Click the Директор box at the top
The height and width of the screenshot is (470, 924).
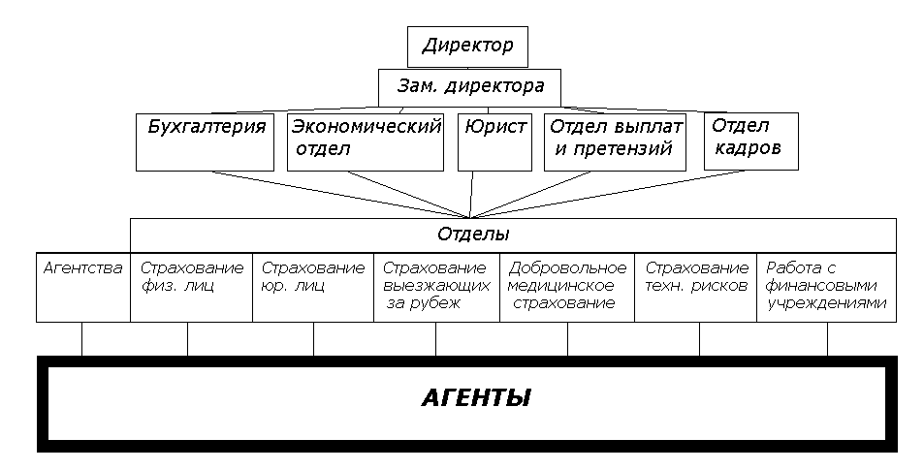(467, 46)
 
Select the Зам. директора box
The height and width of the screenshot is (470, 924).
(470, 86)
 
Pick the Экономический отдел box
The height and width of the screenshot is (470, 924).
(366, 141)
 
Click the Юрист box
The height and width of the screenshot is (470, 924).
(494, 141)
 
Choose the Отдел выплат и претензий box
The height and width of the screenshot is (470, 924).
(615, 141)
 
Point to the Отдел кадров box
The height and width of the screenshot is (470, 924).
(750, 141)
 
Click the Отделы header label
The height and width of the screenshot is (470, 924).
(473, 235)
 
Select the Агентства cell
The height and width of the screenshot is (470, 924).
(83, 286)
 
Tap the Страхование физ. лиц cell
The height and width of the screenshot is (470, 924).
(191, 286)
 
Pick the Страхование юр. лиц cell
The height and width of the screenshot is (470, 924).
(313, 286)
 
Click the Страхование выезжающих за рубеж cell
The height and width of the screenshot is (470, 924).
(434, 286)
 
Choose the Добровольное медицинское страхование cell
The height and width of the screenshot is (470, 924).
(567, 286)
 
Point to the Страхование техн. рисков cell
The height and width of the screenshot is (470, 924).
(696, 286)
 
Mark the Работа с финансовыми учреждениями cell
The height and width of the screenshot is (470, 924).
(826, 286)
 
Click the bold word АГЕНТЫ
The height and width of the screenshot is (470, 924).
(475, 398)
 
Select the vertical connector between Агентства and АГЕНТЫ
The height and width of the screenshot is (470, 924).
(81, 339)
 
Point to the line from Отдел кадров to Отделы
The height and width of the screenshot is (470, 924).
(611, 193)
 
